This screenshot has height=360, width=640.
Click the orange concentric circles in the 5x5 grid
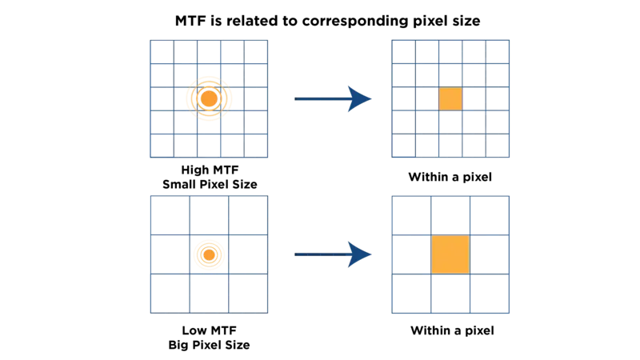coord(208,98)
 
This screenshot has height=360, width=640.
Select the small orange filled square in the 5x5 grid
coord(450,99)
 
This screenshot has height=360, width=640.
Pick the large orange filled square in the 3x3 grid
coord(450,254)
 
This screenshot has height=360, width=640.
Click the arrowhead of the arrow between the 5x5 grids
coord(360,99)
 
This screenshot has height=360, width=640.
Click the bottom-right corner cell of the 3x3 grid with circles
coord(247,294)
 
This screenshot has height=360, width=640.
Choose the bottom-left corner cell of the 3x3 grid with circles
coord(170,294)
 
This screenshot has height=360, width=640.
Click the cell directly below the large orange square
coord(450,294)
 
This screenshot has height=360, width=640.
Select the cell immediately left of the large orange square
coord(411,254)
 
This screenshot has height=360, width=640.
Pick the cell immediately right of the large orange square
coord(490,254)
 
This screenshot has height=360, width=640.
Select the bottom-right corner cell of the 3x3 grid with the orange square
coord(490,294)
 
